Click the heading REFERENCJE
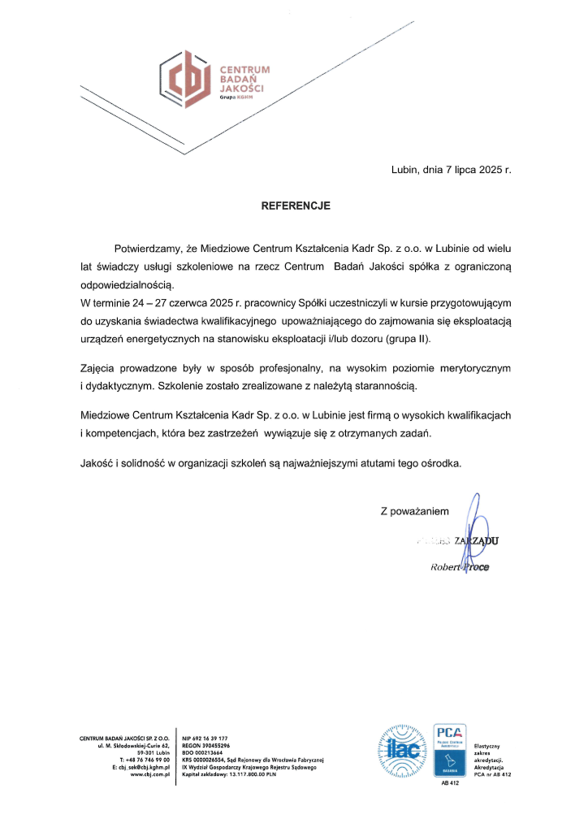click(296, 206)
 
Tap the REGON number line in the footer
click(206, 745)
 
